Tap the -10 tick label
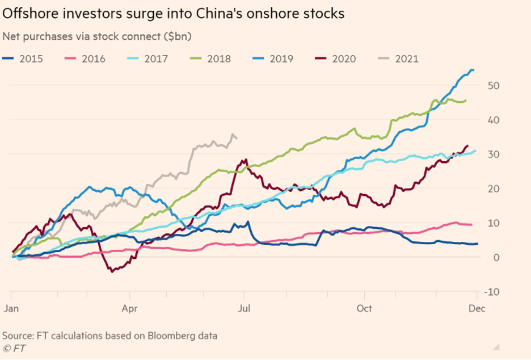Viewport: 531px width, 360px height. point(491,292)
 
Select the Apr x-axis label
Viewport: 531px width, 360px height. point(129,308)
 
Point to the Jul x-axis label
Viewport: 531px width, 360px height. point(243,308)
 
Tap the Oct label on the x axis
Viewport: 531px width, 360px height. point(364,308)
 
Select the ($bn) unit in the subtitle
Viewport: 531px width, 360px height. point(175,37)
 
